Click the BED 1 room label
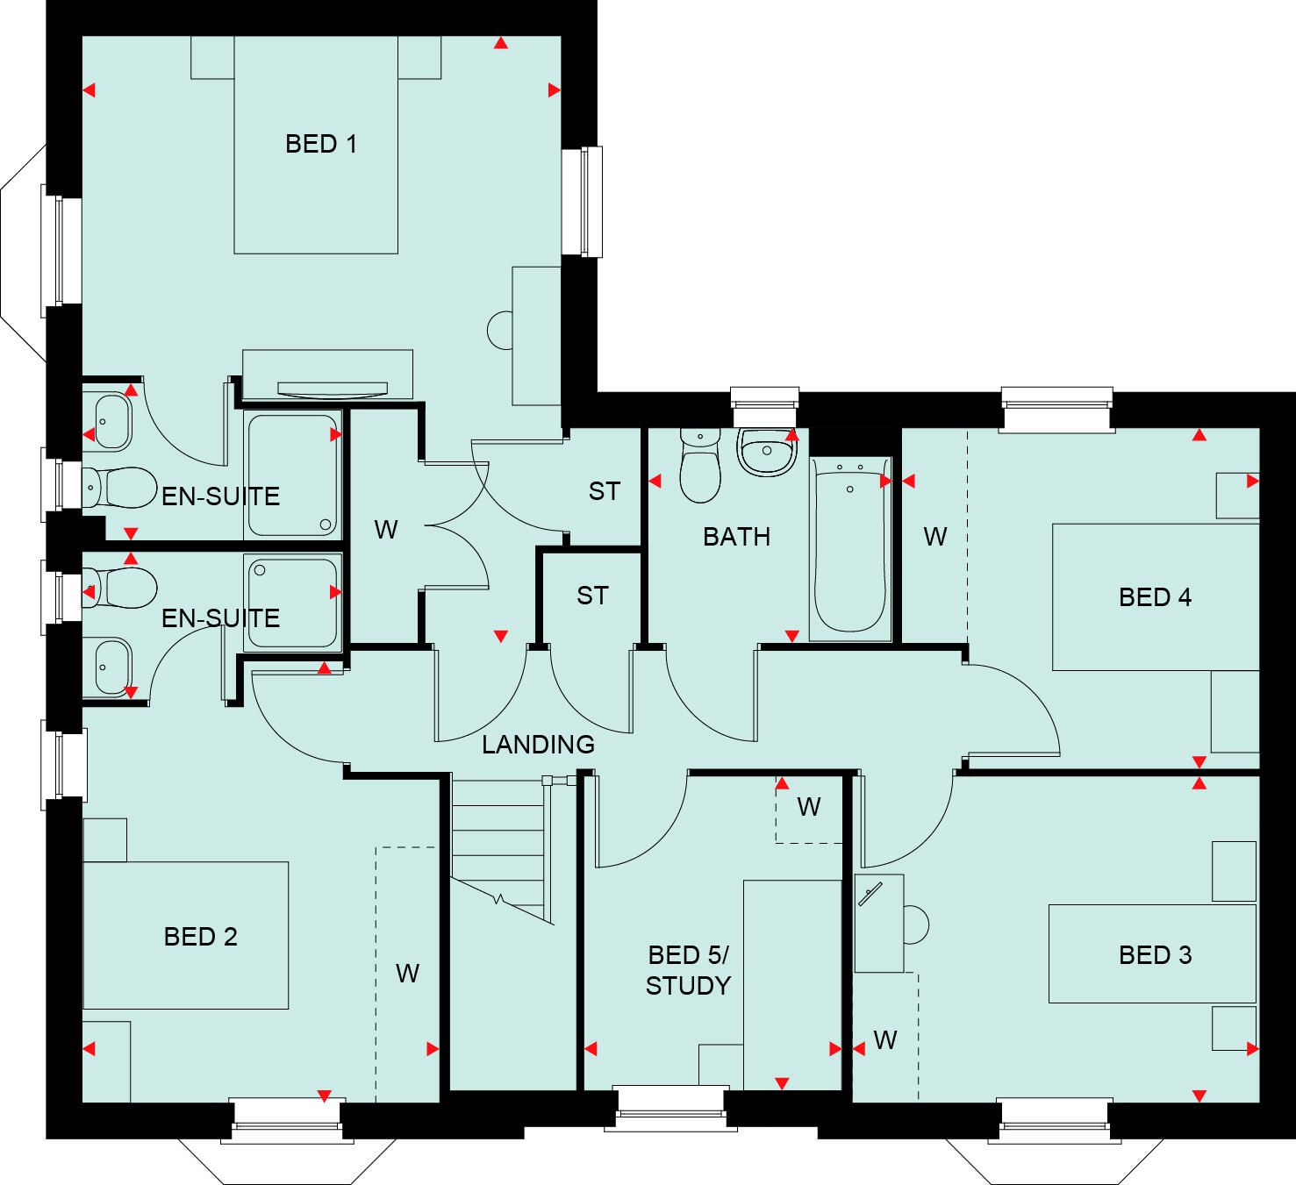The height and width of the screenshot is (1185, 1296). pos(321,144)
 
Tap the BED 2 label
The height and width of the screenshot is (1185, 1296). pos(200,937)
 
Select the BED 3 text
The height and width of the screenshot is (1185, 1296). pos(1155,955)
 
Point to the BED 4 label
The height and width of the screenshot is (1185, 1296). pos(1155,597)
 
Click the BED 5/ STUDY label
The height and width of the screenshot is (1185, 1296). pos(688,970)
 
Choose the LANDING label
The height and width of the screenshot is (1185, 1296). pos(538,745)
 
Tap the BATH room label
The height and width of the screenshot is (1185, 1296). pos(736,537)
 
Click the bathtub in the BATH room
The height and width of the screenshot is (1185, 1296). pos(849,548)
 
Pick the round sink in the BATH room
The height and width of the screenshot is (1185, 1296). pos(767,451)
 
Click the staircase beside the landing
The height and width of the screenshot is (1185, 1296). pos(498,842)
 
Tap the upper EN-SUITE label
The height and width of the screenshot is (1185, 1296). pos(220,496)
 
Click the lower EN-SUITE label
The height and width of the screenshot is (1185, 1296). pos(220,618)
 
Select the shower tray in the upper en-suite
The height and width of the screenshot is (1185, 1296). pos(293,475)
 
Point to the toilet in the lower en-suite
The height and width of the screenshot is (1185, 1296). pos(120,588)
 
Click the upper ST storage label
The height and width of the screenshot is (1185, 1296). pos(604,492)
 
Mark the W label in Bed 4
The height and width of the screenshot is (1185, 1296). pos(934,537)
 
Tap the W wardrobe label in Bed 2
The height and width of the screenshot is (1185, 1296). pos(407,974)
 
